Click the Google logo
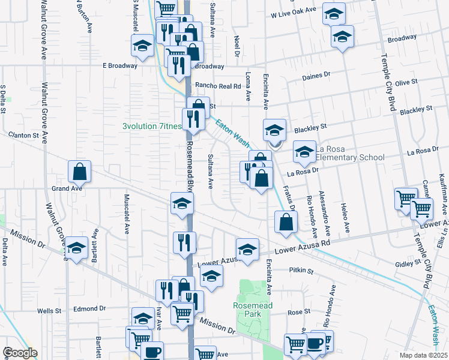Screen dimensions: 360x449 click(x=19, y=353)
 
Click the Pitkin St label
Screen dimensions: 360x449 click(x=301, y=271)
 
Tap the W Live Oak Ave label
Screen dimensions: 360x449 click(x=293, y=11)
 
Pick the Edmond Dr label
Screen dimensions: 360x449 click(x=89, y=309)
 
